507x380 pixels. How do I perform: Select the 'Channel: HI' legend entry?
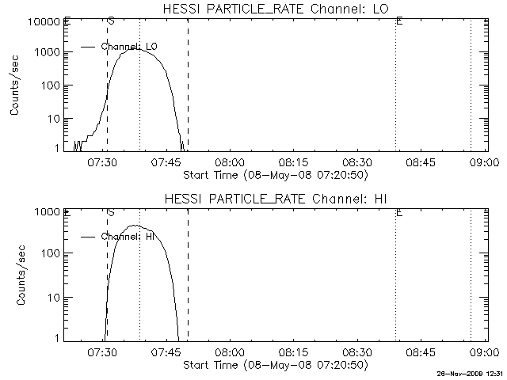(x=127, y=236)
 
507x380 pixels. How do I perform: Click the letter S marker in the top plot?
(x=111, y=21)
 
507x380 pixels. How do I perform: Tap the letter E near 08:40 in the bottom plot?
(x=398, y=213)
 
